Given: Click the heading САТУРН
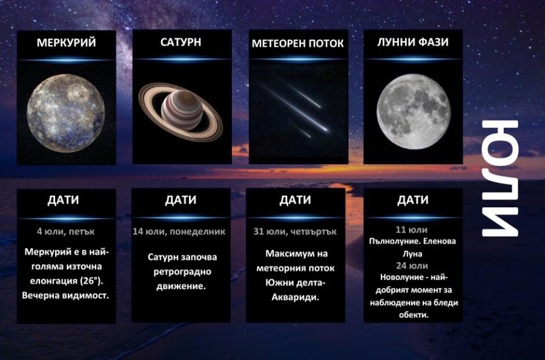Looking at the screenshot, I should click(x=181, y=42).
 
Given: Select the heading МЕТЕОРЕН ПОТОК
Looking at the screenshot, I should click(x=297, y=44).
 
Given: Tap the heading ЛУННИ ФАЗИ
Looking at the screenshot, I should click(x=412, y=42).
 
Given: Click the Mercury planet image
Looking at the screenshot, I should click(x=65, y=110).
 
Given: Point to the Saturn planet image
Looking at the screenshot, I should click(x=181, y=112).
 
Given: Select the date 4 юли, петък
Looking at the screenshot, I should click(x=65, y=231).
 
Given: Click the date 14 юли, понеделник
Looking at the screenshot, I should click(x=179, y=231).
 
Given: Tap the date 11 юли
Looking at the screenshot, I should click(x=412, y=230).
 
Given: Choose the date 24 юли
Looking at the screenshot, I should click(x=412, y=265).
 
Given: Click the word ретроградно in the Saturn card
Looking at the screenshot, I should click(x=180, y=272).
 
